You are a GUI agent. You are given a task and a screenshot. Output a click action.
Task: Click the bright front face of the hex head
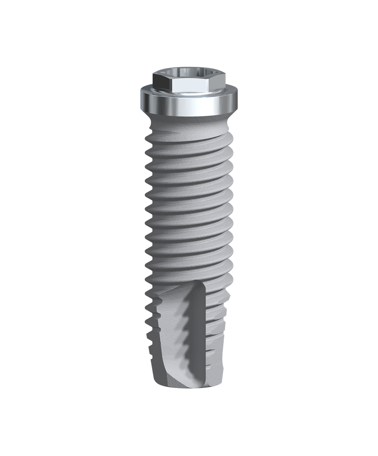tap(189, 86)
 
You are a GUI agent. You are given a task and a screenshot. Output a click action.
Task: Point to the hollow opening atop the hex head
tap(189, 72)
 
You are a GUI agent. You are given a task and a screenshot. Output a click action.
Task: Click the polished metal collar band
tap(189, 105)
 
